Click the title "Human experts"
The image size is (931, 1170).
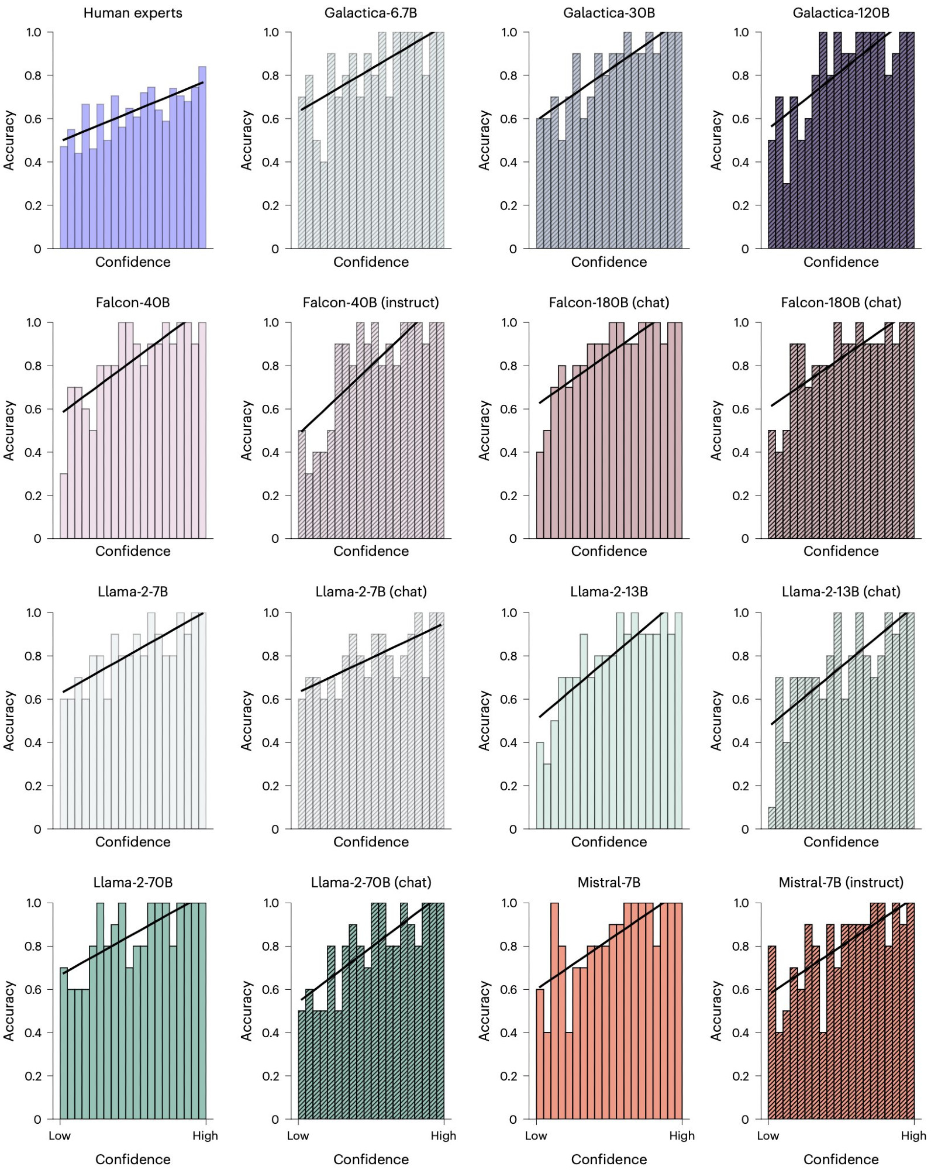pos(133,13)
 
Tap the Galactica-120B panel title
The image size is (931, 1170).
pos(840,13)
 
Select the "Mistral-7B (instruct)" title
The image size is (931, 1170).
pos(840,882)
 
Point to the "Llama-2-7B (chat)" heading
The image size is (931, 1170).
pos(371,591)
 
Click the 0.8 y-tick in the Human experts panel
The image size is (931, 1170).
pos(33,75)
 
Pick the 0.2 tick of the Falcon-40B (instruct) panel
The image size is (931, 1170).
pos(271,495)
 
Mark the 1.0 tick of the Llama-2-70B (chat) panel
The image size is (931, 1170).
pos(271,903)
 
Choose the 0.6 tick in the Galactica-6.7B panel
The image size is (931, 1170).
pos(271,119)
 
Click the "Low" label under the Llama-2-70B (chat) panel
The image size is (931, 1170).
pos(298,1135)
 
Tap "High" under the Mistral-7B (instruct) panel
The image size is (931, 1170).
pos(913,1135)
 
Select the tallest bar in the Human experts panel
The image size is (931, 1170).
pos(202,158)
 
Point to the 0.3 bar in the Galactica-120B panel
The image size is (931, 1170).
pos(787,216)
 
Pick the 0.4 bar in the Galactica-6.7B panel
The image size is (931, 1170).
pos(323,205)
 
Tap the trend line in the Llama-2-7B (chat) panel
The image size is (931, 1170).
pos(371,658)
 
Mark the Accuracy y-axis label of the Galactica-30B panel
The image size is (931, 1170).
pos(484,140)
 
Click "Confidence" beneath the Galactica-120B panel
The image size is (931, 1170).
pos(840,262)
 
